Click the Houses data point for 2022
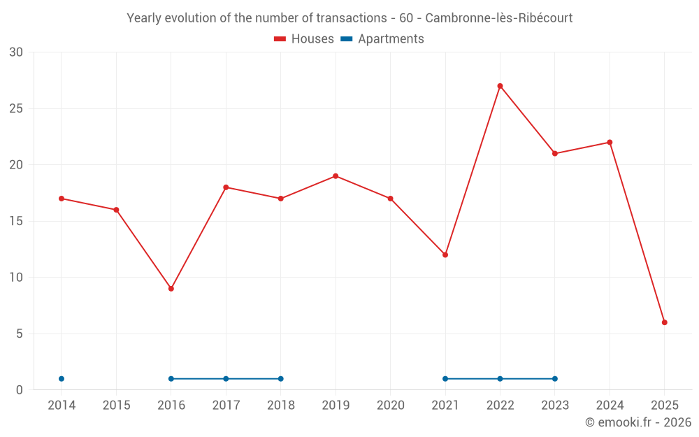(500, 86)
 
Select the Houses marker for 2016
(171, 289)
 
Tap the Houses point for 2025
(665, 322)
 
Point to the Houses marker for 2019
(336, 176)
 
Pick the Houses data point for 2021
(445, 255)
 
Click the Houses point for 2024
(610, 143)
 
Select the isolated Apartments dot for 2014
(62, 379)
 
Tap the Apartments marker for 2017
(226, 379)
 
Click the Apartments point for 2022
(500, 379)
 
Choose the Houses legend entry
(304, 39)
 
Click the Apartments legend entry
(382, 39)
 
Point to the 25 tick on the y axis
(16, 109)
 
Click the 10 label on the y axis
(16, 278)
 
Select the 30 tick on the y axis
(16, 52)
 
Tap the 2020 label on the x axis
(390, 406)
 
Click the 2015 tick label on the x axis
(116, 406)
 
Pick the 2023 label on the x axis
(555, 406)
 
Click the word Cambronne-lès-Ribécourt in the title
(498, 18)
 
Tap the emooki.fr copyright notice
(638, 422)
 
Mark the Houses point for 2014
(62, 199)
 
